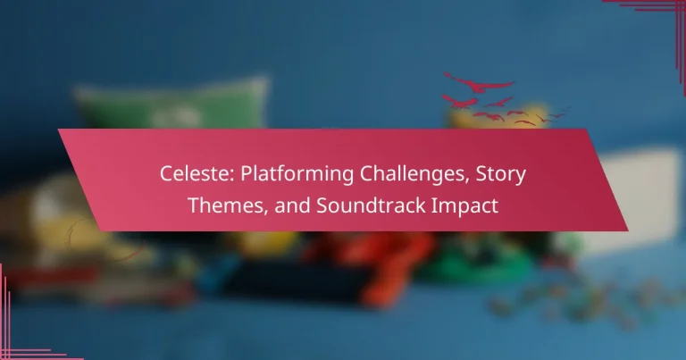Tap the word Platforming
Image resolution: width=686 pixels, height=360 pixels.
[x=297, y=175]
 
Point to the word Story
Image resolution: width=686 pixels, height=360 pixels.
[x=500, y=175]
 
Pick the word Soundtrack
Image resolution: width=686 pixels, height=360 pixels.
[x=371, y=205]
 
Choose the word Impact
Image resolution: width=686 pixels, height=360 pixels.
[x=464, y=206]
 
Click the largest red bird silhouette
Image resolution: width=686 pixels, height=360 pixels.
[x=479, y=83]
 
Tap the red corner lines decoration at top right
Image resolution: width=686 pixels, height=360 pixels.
[x=657, y=26]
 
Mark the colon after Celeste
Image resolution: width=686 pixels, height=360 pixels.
[x=237, y=176]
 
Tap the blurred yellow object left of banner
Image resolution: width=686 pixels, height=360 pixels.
[x=65, y=223]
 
